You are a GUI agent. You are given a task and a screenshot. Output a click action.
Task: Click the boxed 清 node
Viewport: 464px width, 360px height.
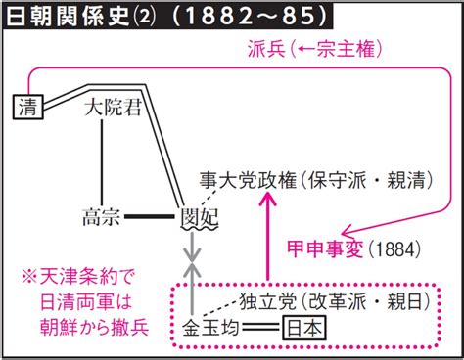point(26,107)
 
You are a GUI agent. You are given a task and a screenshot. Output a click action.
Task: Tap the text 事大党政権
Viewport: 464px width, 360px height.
point(239,178)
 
